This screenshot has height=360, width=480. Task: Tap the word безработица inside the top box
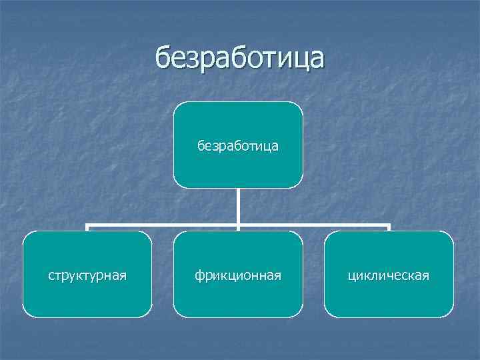coord(238,145)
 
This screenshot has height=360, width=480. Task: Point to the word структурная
coord(87,274)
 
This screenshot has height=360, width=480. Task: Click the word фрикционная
coord(238,275)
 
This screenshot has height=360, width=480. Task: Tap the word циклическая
coord(389,275)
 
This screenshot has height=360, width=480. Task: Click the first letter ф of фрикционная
coord(199,275)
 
